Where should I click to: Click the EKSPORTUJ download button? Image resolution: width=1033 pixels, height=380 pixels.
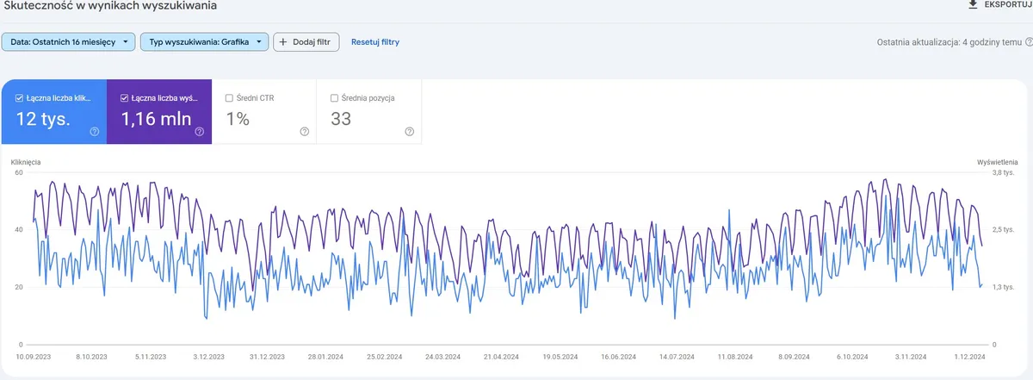[x=999, y=5]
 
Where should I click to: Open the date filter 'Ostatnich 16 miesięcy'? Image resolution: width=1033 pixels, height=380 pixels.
[x=69, y=41]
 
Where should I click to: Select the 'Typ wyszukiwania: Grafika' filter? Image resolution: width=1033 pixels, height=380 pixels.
[x=204, y=41]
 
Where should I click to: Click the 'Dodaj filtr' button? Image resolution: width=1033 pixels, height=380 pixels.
[x=306, y=41]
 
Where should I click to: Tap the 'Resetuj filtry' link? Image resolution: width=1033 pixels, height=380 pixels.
[x=374, y=41]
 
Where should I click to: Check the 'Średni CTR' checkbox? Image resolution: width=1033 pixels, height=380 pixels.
[x=228, y=98]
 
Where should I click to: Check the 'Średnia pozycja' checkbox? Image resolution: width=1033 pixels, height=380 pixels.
[x=334, y=98]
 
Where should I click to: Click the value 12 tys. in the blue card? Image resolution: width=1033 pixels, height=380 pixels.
[x=43, y=119]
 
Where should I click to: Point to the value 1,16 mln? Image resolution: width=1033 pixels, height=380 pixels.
[x=156, y=119]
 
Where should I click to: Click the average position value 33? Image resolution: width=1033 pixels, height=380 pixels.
[x=341, y=119]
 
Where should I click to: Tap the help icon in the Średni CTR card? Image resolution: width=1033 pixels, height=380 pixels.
[x=304, y=132]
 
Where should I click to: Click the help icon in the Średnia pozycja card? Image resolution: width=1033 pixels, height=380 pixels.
[x=409, y=132]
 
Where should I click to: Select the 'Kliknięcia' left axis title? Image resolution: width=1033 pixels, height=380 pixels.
[x=26, y=161]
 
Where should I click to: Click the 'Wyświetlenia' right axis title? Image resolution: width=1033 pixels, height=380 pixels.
[x=998, y=161]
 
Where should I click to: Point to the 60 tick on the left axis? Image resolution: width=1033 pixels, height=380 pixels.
[x=18, y=172]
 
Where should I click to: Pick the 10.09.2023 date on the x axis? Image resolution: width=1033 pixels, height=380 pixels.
[x=33, y=356]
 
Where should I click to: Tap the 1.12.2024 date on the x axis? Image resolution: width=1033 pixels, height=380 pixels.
[x=968, y=356]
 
